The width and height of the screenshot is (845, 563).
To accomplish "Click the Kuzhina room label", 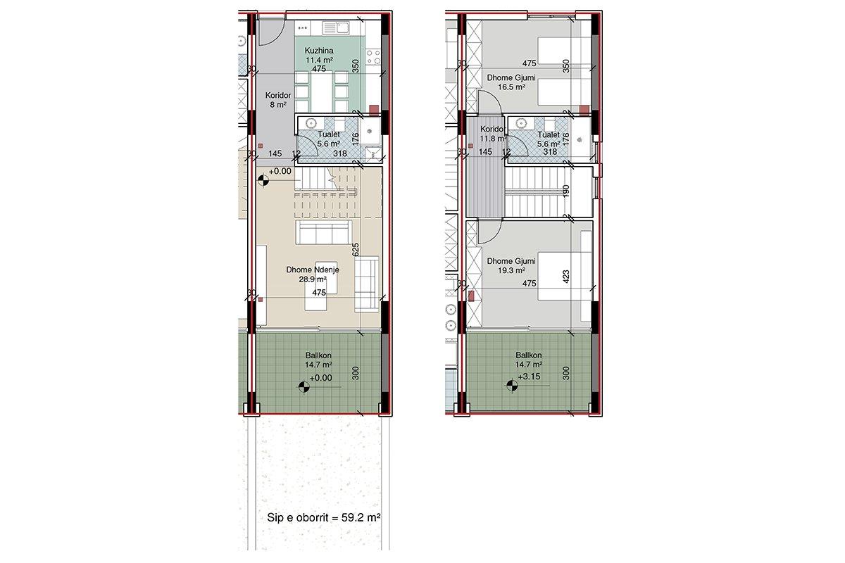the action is (319, 51).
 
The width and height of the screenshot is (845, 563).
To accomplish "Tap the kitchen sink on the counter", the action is (336, 28).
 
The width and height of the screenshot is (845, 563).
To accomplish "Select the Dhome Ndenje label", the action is (313, 270).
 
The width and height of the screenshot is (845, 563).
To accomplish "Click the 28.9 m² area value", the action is (313, 279).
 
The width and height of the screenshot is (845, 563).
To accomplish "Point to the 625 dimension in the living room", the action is (356, 250).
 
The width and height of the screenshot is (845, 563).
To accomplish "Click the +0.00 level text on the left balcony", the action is (320, 378).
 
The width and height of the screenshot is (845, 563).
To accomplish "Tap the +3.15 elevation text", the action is (529, 377).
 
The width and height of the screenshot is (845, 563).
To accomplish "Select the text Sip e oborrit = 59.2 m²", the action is (323, 517).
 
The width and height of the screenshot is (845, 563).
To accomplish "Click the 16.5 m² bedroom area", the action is (511, 87).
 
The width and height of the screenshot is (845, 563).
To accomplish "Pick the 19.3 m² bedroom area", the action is (511, 270).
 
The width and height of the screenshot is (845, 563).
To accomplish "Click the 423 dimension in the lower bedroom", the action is (565, 277).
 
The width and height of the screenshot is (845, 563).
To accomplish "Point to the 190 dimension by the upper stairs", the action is (565, 191).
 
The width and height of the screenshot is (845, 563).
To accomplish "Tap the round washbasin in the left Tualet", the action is (311, 123).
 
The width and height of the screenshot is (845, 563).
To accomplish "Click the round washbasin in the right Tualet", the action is (521, 123).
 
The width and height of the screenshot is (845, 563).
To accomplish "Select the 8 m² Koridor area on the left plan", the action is (278, 105).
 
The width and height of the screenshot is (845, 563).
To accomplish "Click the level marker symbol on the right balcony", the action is (512, 386).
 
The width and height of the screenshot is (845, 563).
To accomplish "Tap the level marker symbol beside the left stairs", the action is (263, 181).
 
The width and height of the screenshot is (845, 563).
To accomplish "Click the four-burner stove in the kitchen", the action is (373, 57).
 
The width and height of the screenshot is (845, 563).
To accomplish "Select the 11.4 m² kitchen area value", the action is (319, 60).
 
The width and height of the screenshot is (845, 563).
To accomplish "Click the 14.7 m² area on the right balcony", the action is (529, 365).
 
